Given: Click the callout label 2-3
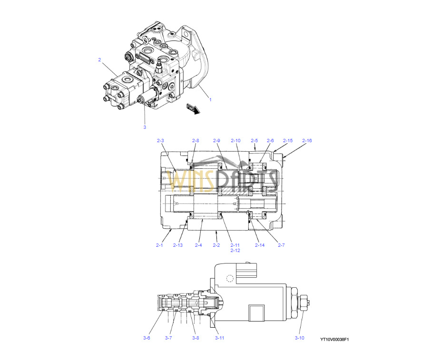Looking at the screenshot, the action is pos(160,141).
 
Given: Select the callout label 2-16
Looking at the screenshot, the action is pos(307,141).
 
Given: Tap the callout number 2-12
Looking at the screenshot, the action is pos(235,250).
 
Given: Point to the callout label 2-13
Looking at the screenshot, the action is pos(178,245).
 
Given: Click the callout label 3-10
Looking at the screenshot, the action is pos(300,338).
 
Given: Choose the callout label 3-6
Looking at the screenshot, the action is pos(147,338).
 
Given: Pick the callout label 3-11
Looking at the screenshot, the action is pos(220,338).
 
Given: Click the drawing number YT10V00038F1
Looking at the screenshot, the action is pos(334,340).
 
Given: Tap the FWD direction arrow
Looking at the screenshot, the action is pos(193,109).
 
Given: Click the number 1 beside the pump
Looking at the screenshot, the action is pos(210,99).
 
